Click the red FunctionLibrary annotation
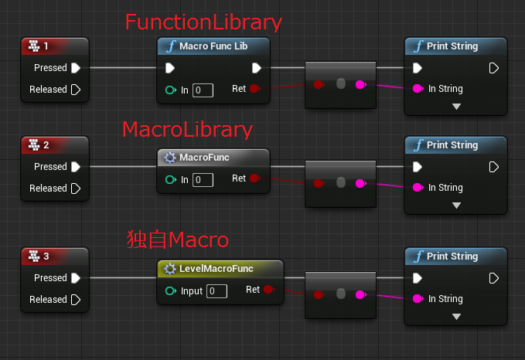[203, 22]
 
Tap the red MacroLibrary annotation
[188, 128]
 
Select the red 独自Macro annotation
[178, 239]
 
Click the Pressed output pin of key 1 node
[76, 68]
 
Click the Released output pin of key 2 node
[76, 188]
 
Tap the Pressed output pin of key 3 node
[76, 278]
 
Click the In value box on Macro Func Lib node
[203, 90]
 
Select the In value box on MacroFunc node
[203, 180]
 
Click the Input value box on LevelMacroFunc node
[216, 291]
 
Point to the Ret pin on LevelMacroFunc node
[268, 290]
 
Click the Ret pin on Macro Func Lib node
[255, 89]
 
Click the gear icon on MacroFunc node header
[170, 158]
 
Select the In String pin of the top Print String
[418, 89]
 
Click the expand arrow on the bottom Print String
[456, 316]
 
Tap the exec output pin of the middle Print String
[493, 167]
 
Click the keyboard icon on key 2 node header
[33, 145]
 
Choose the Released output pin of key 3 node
[76, 300]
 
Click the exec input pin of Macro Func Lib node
[170, 68]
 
